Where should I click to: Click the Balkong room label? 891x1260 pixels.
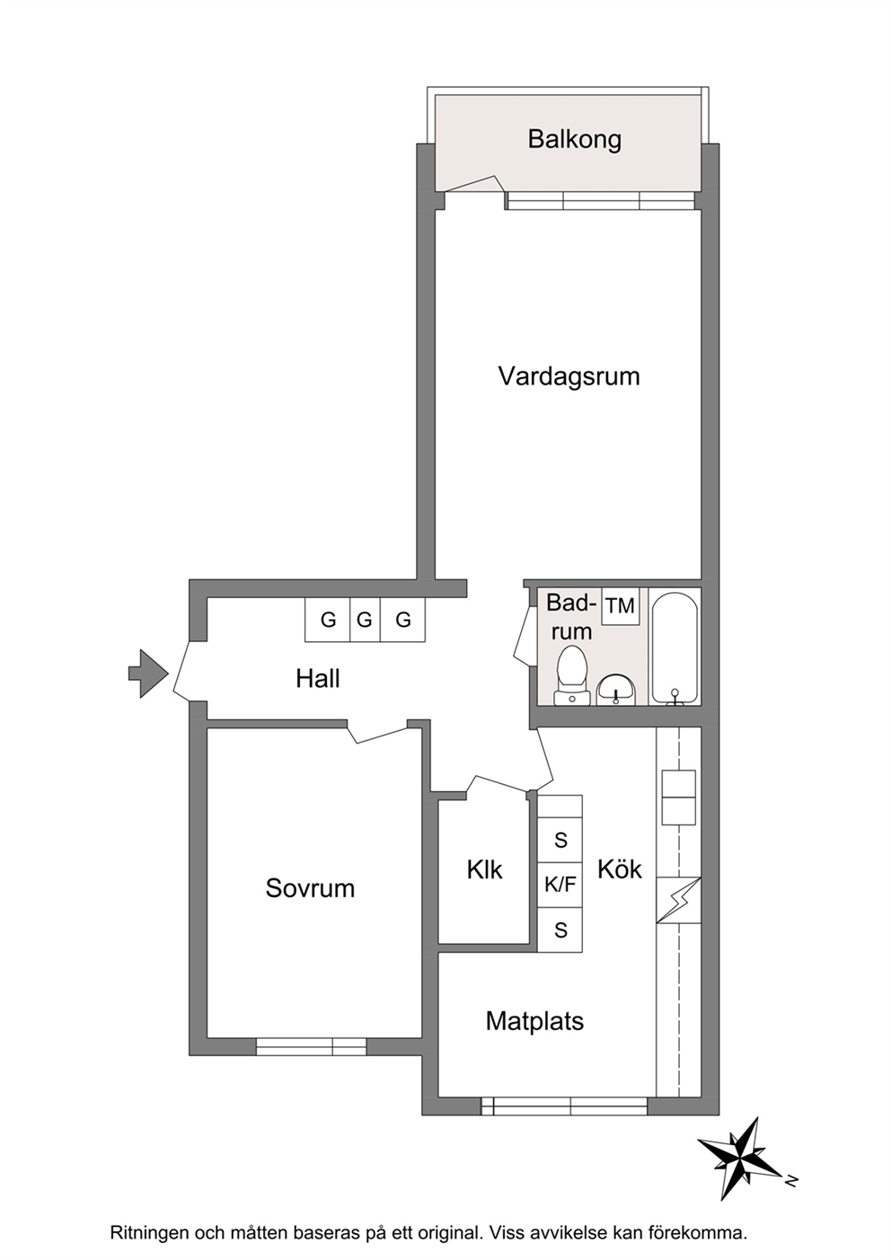click(x=574, y=139)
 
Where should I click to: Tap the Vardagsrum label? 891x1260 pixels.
click(x=569, y=375)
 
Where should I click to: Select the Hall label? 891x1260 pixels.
click(x=318, y=678)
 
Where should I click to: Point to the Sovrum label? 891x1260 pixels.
click(x=310, y=887)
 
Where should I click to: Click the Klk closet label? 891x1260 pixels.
click(x=484, y=869)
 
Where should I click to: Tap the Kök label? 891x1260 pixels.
click(x=620, y=869)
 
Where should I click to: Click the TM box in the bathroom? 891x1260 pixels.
click(x=620, y=606)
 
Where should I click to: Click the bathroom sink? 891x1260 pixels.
click(x=616, y=690)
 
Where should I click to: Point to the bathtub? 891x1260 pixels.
click(x=675, y=647)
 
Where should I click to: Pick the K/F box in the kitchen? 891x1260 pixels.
click(x=560, y=885)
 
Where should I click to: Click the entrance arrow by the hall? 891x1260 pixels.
click(x=148, y=674)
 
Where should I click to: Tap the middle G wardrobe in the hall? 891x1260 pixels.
click(x=365, y=620)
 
